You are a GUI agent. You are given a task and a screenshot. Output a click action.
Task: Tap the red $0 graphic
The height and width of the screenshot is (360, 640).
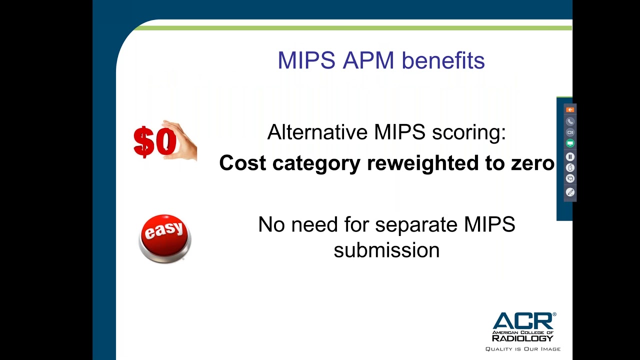pos(155,141)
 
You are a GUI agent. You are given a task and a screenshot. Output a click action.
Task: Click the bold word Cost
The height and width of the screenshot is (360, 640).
pos(242,163)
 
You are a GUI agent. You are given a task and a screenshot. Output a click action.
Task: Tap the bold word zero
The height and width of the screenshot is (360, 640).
pos(532,163)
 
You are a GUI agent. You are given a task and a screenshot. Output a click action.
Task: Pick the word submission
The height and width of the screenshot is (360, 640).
pos(386,250)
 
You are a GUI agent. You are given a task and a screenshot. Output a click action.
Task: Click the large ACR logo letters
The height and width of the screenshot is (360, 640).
pos(523,322)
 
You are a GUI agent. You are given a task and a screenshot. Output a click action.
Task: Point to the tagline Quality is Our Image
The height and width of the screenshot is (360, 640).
pos(523,349)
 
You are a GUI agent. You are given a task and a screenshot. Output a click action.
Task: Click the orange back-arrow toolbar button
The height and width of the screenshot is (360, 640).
pos(570,109)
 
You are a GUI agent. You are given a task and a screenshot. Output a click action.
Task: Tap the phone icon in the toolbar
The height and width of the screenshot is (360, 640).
pos(570,121)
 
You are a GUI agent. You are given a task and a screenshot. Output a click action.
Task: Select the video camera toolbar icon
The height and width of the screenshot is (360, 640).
pos(570,132)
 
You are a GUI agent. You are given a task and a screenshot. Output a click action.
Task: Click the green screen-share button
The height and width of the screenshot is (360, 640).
pos(570,143)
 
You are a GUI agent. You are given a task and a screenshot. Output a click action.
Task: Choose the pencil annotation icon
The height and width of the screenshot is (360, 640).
pos(570,192)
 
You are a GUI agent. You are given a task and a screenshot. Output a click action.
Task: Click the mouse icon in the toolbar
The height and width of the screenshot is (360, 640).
pos(570,167)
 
